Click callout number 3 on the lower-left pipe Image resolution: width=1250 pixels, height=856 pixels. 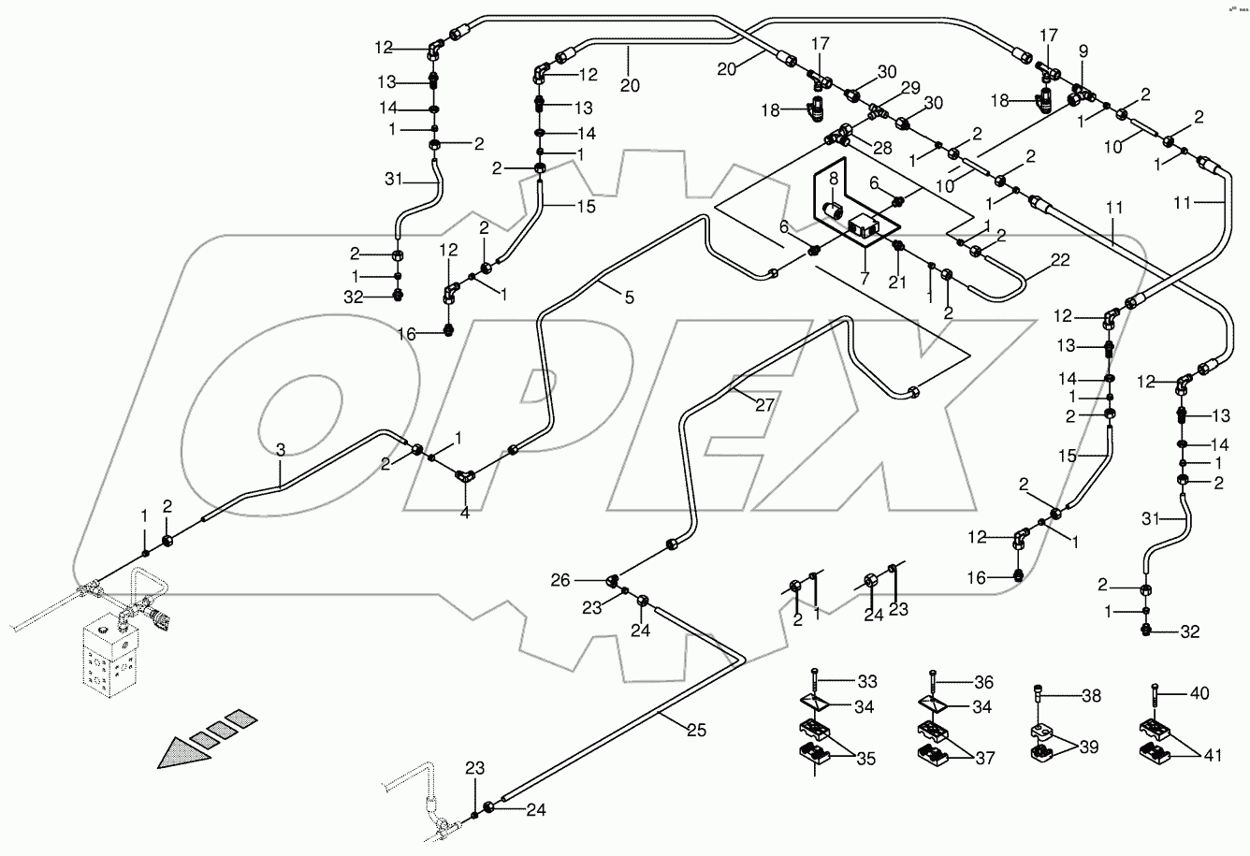(280, 451)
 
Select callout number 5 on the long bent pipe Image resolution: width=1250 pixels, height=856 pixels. (629, 297)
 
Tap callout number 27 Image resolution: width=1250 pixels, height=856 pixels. (767, 405)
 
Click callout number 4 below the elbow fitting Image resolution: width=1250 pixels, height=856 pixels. (464, 513)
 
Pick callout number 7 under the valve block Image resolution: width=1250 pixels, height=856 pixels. (865, 280)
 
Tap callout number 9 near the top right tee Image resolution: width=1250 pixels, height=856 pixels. (1083, 51)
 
